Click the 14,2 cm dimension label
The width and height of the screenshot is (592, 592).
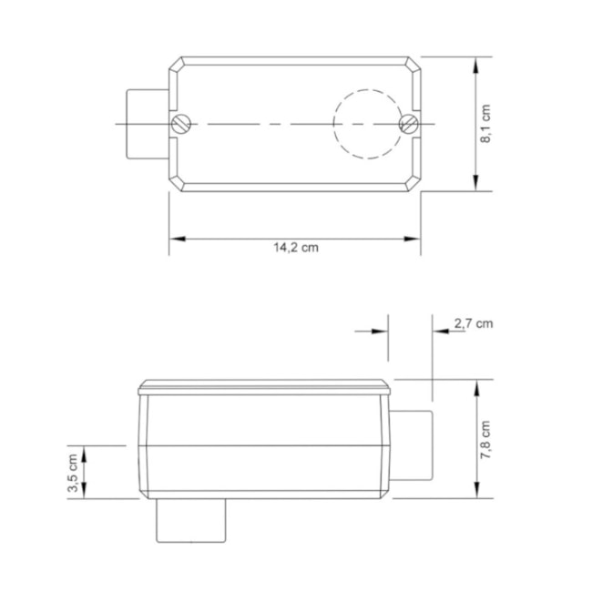[294, 247]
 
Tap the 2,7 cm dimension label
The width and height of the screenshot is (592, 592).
[474, 322]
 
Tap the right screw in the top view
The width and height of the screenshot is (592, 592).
[408, 123]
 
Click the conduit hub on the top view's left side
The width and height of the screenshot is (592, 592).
[146, 123]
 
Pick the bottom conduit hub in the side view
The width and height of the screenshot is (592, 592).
[189, 522]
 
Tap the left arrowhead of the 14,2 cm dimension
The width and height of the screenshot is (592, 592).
[176, 239]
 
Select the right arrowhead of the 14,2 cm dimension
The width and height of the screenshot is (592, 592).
[413, 239]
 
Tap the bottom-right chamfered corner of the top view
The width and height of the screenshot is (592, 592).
[414, 184]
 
